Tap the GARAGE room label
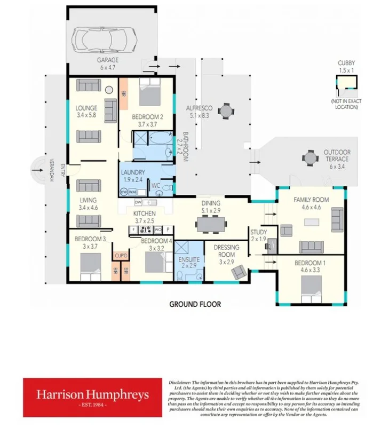[107, 60]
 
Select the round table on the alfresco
[226, 111]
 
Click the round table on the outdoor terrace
[310, 158]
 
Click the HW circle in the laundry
[124, 191]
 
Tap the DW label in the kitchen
[138, 202]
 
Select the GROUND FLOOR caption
[195, 304]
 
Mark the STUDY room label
[258, 232]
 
